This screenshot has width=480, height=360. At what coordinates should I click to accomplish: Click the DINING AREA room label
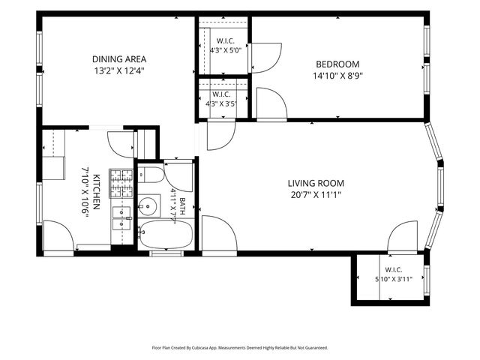click(x=119, y=59)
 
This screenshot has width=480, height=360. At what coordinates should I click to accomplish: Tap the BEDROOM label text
click(x=337, y=64)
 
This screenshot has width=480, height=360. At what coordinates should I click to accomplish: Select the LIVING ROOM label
click(x=316, y=183)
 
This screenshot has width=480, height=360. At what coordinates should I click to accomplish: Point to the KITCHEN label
click(x=96, y=192)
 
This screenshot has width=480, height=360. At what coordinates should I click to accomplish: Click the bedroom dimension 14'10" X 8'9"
click(x=337, y=76)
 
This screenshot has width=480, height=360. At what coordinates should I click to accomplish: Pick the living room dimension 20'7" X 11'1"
click(x=316, y=195)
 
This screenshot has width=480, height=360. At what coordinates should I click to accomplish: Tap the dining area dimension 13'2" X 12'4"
click(x=119, y=71)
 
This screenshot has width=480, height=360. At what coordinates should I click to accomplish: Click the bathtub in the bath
click(x=166, y=235)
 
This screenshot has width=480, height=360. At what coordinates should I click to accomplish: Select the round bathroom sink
click(x=148, y=206)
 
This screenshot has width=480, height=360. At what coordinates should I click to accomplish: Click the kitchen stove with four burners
click(x=121, y=183)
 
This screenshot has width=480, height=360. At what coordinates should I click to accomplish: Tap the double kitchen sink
click(x=121, y=218)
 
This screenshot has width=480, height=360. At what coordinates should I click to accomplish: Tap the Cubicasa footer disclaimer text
click(x=240, y=348)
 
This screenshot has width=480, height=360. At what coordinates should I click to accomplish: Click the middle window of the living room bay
click(x=440, y=187)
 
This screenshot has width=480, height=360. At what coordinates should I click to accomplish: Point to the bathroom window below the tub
click(x=166, y=253)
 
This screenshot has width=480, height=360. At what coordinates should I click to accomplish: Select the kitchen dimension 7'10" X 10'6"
click(x=85, y=192)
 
